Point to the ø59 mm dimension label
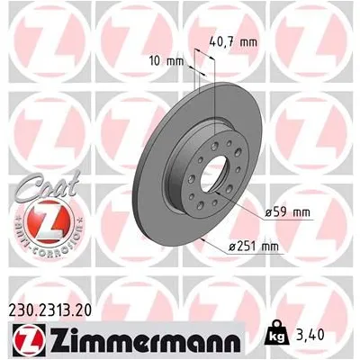pos(286,211)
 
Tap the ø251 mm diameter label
pos(253,245)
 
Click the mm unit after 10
pos(176,61)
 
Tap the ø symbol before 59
pos(270,211)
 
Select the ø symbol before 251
pos(231,245)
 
